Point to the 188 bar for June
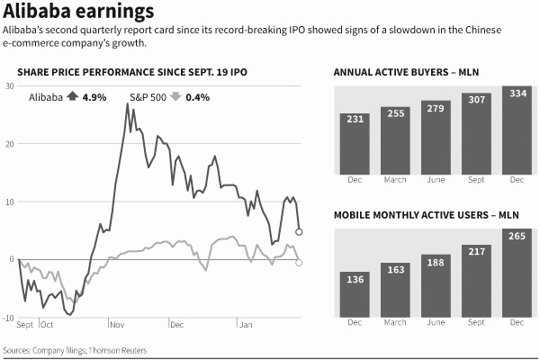coord(436,285)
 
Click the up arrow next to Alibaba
coord(72,96)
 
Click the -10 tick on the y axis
coord(8,318)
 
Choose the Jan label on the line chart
coord(245,324)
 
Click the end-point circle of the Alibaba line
coord(299,232)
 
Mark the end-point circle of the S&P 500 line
coord(299,262)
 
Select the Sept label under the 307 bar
coord(476,179)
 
